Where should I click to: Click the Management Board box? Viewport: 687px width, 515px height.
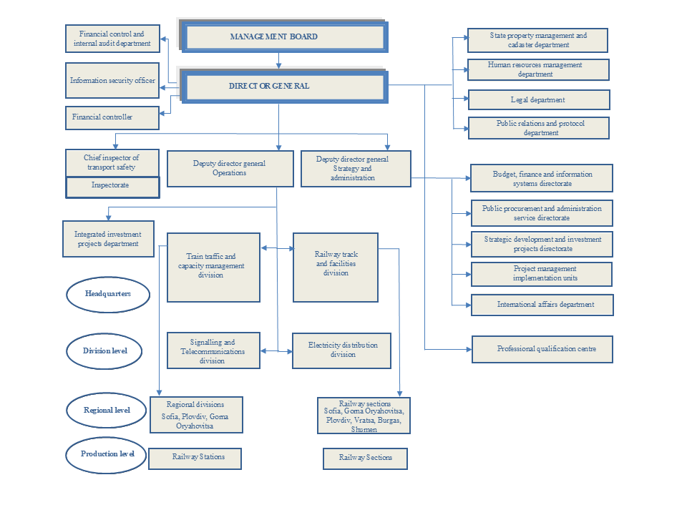(285, 36)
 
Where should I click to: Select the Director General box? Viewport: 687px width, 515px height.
(285, 86)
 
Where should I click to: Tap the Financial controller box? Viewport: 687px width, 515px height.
(112, 117)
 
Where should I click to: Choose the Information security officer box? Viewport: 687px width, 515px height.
(112, 80)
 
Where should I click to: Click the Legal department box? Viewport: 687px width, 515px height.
(538, 99)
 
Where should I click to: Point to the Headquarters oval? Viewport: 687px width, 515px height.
(108, 293)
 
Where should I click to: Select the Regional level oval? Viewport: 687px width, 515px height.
(108, 410)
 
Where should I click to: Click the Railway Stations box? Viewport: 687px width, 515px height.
(195, 458)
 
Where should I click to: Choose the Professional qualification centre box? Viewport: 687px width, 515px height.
(542, 349)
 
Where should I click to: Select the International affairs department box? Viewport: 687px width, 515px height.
(542, 305)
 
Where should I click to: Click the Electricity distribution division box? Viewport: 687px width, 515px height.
(341, 350)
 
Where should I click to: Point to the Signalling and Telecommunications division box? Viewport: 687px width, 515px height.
(213, 350)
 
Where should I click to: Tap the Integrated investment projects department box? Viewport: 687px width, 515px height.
(108, 238)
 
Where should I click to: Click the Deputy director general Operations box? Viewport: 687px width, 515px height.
(230, 168)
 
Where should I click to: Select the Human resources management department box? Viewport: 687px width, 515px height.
(537, 69)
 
